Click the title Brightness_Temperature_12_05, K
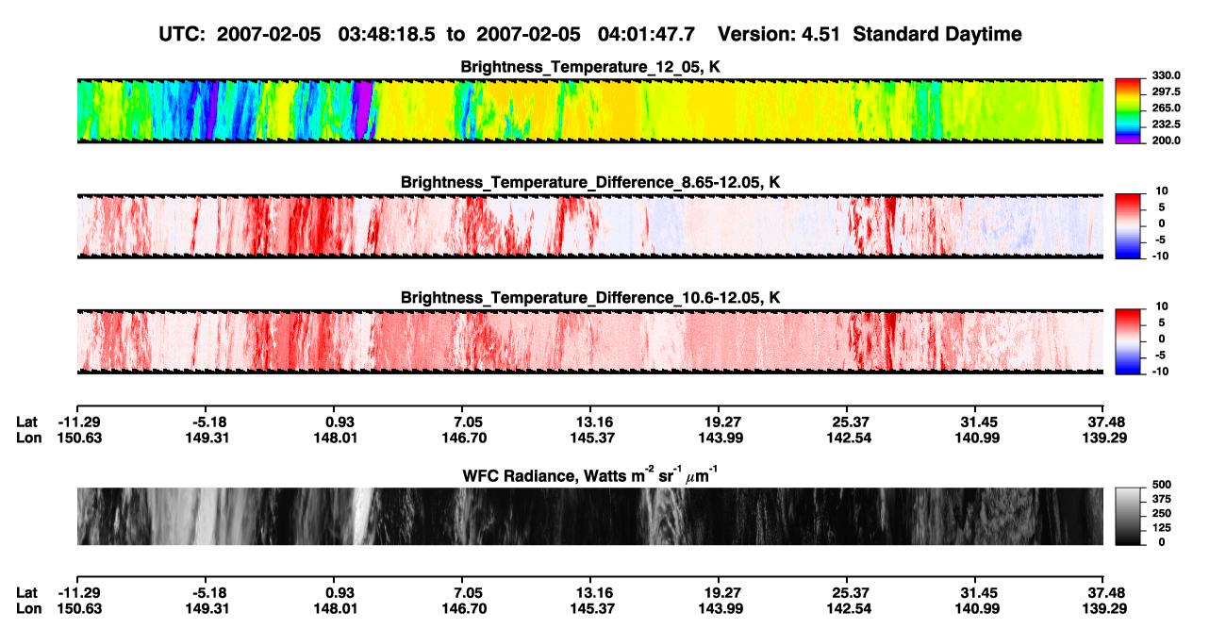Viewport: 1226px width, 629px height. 590,67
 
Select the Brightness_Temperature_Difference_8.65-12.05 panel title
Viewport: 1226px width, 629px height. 590,182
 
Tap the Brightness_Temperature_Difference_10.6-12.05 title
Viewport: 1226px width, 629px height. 590,298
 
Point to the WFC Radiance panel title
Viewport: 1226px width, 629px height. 589,474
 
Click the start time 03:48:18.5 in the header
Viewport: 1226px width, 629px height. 387,34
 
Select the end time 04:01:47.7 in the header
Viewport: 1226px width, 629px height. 646,34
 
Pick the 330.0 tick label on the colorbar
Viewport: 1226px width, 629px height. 1166,75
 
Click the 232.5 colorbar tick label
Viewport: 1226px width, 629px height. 1166,124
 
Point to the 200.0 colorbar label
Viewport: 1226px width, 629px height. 1166,141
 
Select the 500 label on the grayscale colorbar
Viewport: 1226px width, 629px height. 1162,485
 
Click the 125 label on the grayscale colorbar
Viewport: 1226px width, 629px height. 1162,528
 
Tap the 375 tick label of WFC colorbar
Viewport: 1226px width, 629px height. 1162,499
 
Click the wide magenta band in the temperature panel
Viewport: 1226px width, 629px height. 362,109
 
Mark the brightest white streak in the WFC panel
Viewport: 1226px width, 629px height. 362,516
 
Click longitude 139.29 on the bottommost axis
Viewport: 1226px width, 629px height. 1104,609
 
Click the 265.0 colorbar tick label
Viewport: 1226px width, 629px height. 1166,108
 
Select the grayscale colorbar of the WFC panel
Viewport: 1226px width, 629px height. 1128,516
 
